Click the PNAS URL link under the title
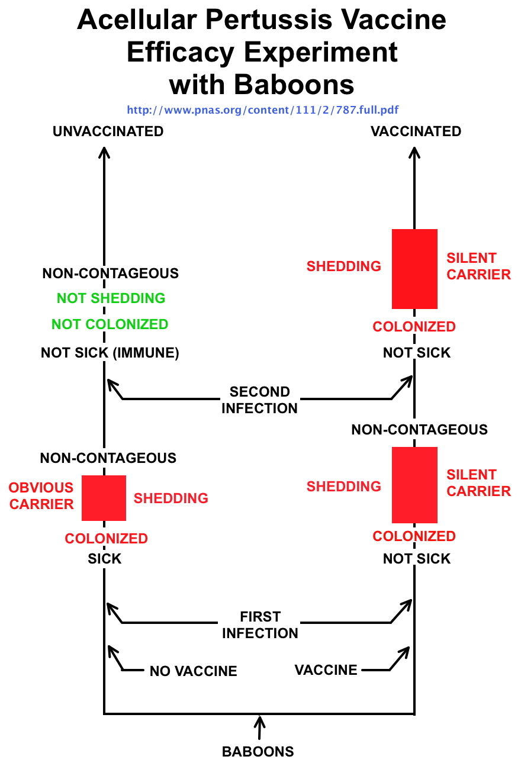[266, 110]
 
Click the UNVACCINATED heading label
[108, 131]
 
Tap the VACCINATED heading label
[416, 131]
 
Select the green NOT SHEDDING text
[111, 298]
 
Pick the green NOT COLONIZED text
[110, 324]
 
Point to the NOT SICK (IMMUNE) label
[110, 353]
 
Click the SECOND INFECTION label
[259, 400]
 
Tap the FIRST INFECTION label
[260, 625]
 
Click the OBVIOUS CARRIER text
[41, 496]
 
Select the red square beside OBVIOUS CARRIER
[104, 498]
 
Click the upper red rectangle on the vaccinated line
[414, 269]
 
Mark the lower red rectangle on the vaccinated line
[414, 485]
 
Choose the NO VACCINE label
[193, 671]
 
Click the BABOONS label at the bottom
[258, 752]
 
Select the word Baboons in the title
[294, 85]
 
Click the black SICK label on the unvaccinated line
[105, 559]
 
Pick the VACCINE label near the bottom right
[326, 670]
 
